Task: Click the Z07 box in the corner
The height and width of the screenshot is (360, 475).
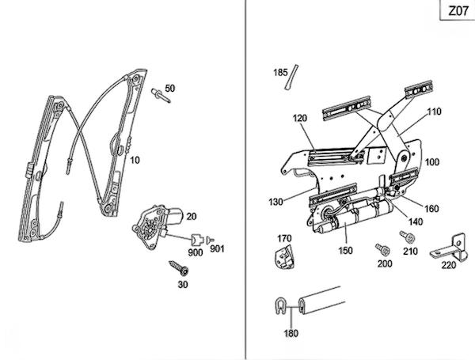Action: (x=457, y=10)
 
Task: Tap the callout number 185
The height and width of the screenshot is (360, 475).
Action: (x=280, y=73)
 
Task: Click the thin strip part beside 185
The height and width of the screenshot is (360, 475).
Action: (x=291, y=77)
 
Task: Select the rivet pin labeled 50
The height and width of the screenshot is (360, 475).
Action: (x=161, y=96)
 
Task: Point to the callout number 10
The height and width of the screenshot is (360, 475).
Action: (x=135, y=160)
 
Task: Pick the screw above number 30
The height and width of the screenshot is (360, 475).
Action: (x=179, y=267)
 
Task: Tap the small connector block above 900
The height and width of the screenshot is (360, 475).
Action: (x=197, y=240)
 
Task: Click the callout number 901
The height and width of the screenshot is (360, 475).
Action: (x=217, y=249)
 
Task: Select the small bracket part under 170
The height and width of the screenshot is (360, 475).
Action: (x=284, y=257)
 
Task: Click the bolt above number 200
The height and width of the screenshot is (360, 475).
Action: (x=382, y=249)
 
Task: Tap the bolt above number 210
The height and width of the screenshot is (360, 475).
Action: (x=408, y=237)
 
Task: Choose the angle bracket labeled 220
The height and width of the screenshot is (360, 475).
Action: (x=448, y=248)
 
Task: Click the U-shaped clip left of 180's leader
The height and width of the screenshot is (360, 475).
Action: (x=280, y=306)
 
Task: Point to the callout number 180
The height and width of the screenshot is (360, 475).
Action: (x=291, y=333)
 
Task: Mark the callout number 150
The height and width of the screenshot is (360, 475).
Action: (x=346, y=251)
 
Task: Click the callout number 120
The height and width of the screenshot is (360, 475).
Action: (x=300, y=118)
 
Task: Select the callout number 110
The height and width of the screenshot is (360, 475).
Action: (x=434, y=112)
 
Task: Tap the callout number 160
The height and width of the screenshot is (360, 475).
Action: (x=431, y=209)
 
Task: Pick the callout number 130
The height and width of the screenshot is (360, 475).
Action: (x=275, y=202)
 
